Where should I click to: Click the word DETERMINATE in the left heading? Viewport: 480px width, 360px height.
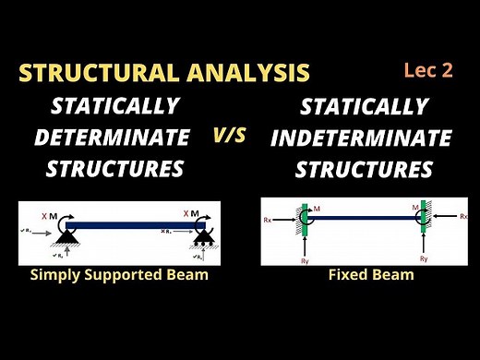[112, 138]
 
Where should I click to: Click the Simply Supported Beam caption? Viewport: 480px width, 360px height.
[118, 275]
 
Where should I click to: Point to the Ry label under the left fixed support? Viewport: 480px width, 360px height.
[307, 260]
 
